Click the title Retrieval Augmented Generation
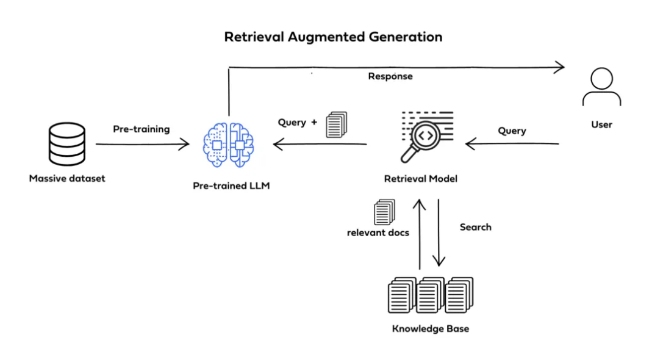(x=333, y=37)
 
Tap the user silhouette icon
(x=601, y=88)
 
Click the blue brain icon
(x=228, y=144)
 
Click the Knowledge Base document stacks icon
(x=431, y=295)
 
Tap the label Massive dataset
(x=67, y=179)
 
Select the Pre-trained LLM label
(x=231, y=185)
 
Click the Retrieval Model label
(x=421, y=179)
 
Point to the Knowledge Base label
(x=431, y=329)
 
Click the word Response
(x=390, y=76)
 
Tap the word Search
(x=475, y=227)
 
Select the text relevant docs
(x=378, y=232)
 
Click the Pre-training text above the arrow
(x=142, y=129)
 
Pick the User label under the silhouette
(x=601, y=124)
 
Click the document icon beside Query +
(x=337, y=124)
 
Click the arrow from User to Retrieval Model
(x=512, y=144)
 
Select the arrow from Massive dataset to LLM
(x=142, y=145)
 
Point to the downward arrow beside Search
(x=439, y=232)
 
